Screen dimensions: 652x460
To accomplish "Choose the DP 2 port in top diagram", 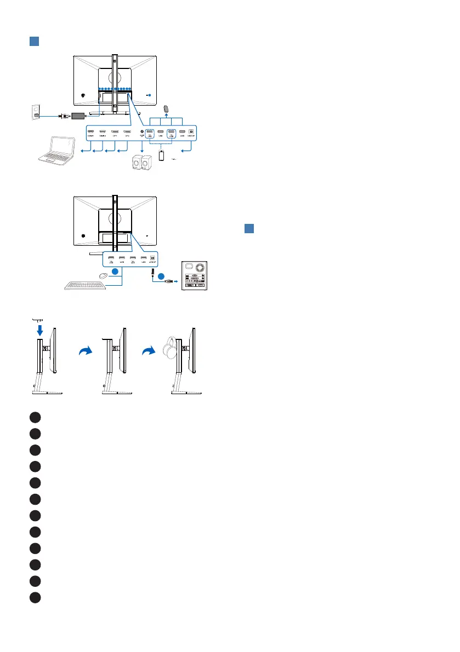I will coord(127,132).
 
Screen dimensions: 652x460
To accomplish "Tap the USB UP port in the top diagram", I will coord(191,132).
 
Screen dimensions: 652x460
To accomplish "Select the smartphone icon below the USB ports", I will coord(162,156).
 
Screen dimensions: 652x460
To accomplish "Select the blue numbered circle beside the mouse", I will coord(114,272).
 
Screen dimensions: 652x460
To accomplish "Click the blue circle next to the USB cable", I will coord(161,276).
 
